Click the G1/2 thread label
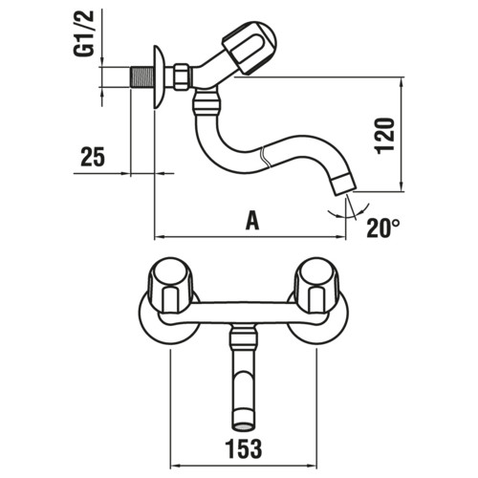click(84, 33)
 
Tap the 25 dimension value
click(93, 157)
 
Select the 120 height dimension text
click(385, 136)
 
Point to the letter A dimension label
click(252, 221)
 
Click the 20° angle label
click(383, 228)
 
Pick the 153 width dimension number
click(244, 448)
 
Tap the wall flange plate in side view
click(159, 77)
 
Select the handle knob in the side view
click(250, 48)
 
